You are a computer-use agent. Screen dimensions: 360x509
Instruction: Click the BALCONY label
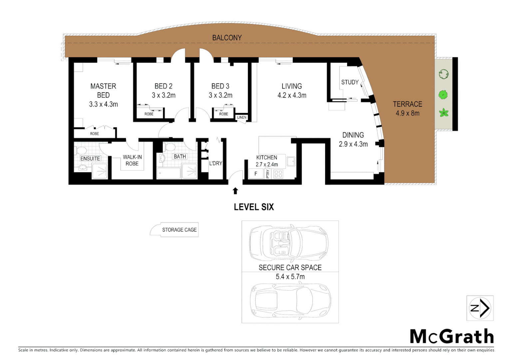(227, 38)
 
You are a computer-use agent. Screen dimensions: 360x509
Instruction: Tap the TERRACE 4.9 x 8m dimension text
(407, 113)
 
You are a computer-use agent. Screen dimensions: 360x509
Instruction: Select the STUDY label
(350, 82)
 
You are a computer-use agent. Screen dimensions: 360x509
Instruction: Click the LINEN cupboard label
(242, 117)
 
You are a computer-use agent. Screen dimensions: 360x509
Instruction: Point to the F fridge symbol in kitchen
(256, 174)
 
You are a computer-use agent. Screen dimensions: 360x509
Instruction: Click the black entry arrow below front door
(236, 191)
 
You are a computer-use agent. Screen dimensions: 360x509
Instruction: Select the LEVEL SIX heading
(254, 207)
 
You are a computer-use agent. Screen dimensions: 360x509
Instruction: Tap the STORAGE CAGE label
(179, 230)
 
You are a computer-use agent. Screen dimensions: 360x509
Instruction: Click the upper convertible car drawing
(289, 243)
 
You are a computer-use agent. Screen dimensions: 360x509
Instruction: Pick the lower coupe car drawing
(290, 301)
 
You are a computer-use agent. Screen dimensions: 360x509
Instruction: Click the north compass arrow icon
(480, 308)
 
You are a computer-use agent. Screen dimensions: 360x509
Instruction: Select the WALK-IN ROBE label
(132, 160)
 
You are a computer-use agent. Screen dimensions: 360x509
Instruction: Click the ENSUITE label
(90, 159)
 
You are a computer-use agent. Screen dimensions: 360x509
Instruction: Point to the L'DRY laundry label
(216, 163)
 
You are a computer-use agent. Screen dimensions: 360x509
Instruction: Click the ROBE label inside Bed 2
(149, 114)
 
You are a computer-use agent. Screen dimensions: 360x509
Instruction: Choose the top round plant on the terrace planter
(443, 74)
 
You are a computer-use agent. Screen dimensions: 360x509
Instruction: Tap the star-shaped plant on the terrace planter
(444, 113)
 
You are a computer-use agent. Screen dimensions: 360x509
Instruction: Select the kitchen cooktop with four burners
(278, 174)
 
